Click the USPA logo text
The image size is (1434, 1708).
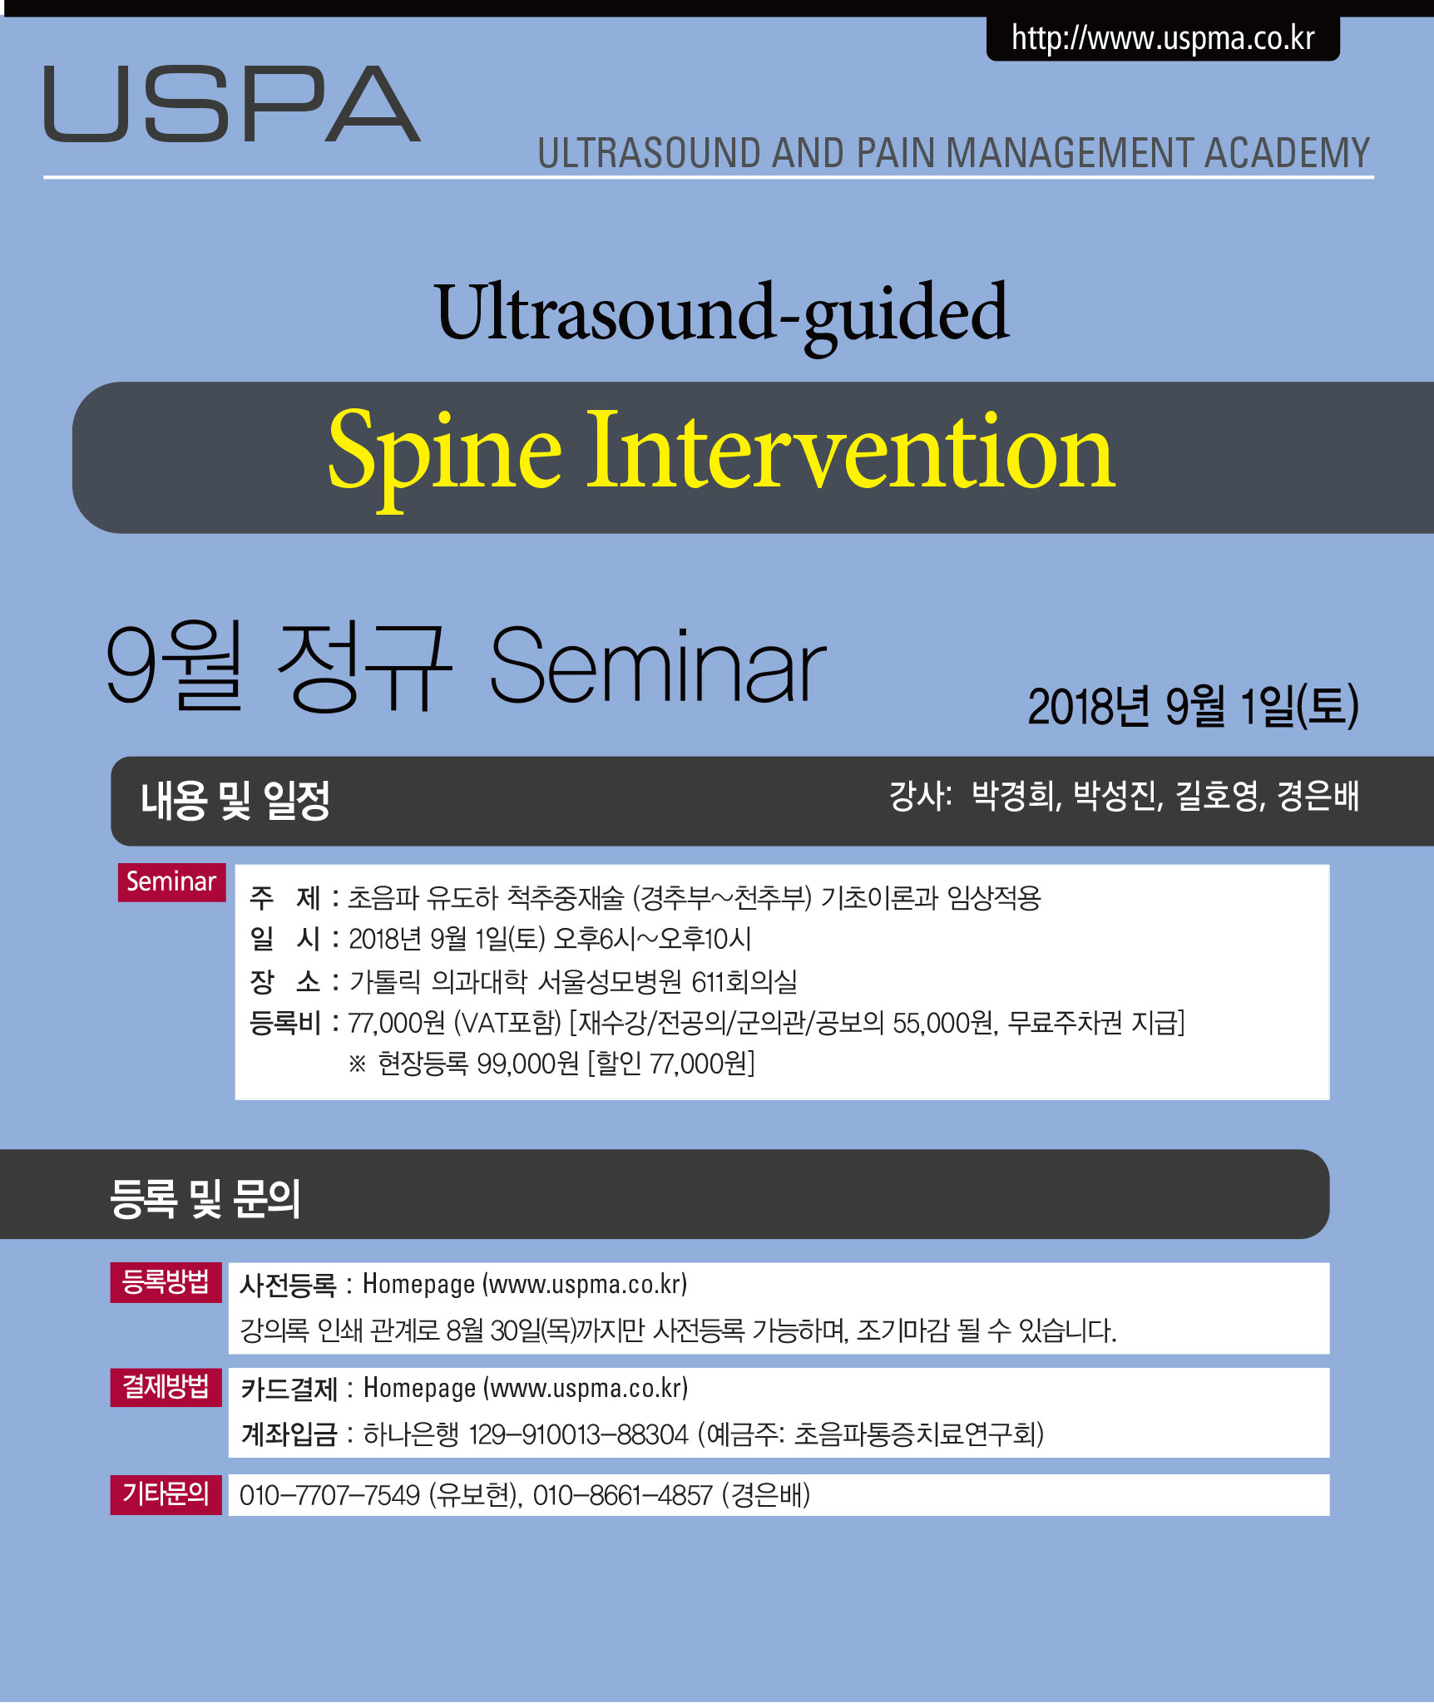pos(232,104)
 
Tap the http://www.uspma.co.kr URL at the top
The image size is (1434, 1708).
pos(1163,39)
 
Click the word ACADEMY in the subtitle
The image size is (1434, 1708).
pos(1287,153)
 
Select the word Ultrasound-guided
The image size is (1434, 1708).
pos(721,314)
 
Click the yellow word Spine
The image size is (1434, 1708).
pos(445,455)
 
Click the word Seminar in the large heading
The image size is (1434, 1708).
pos(657,666)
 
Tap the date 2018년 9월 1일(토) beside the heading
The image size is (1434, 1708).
pos(1193,706)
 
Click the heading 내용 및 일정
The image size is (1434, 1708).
pos(235,801)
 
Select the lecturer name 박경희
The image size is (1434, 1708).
pos(1016,796)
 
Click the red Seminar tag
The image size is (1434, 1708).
pos(171,881)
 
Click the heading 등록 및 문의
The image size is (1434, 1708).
pos(205,1198)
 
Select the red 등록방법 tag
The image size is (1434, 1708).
pos(166,1281)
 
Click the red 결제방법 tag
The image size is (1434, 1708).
pos(166,1386)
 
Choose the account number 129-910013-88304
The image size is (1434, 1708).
pos(579,1434)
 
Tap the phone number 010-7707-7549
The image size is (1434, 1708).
pos(329,1495)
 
